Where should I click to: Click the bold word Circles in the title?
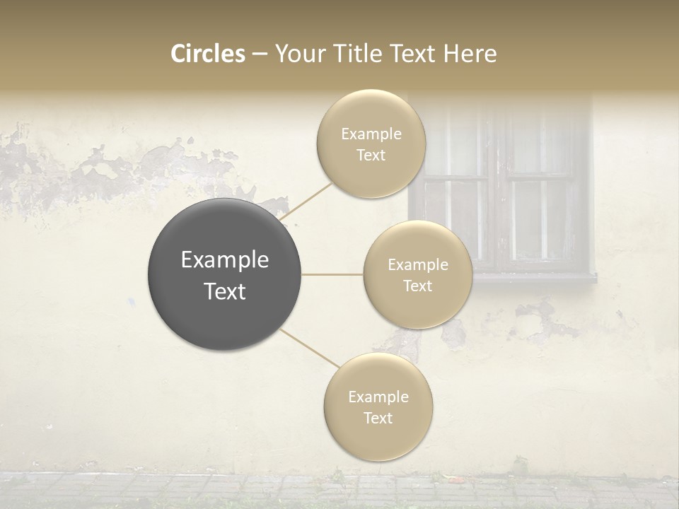click(208, 54)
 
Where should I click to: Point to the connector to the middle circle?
click(332, 274)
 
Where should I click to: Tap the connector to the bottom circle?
click(310, 349)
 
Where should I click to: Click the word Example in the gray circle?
click(225, 260)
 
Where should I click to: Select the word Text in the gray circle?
click(225, 291)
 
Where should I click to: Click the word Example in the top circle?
click(371, 134)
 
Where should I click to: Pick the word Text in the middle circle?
click(417, 286)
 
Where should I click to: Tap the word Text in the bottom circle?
click(378, 418)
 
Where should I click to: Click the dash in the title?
click(260, 54)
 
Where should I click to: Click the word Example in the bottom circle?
click(378, 397)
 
